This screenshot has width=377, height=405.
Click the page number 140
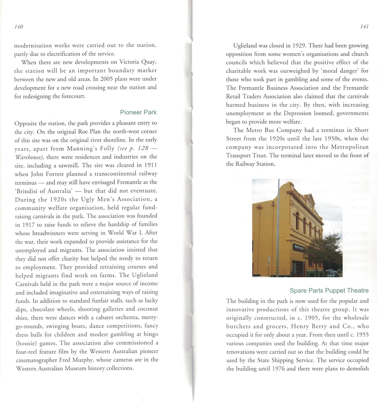(x=19, y=27)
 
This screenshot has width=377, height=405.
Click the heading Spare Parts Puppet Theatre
(x=329, y=290)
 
